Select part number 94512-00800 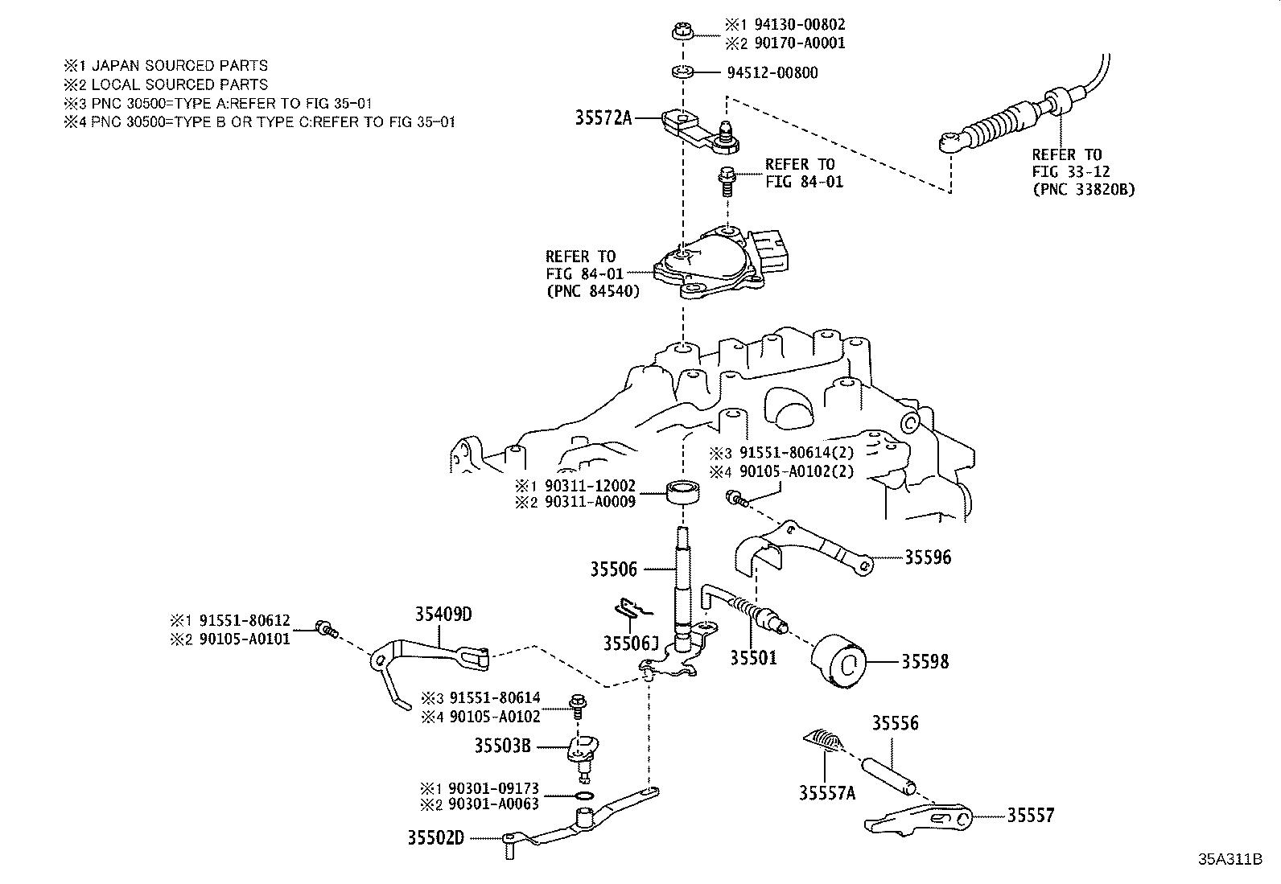click(772, 73)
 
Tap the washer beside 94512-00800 click(683, 73)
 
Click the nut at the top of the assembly click(681, 33)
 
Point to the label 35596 click(928, 557)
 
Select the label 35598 click(925, 662)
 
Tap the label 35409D click(443, 615)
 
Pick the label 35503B click(502, 746)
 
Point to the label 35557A click(827, 793)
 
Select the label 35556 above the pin click(895, 723)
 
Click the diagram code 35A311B click(1230, 859)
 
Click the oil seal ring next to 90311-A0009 click(683, 491)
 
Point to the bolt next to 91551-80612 click(325, 627)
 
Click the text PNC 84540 click(593, 291)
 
